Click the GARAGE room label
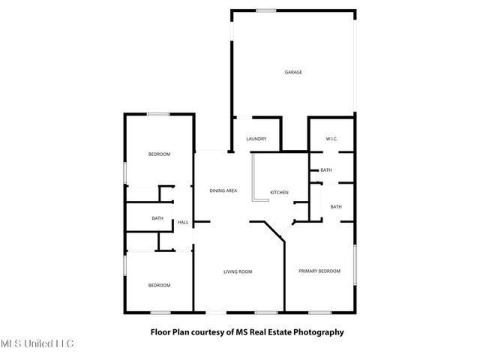point(293,72)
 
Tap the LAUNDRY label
point(256,139)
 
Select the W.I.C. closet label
point(332,139)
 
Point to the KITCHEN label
point(280,193)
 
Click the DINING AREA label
point(223,190)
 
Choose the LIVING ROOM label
point(237,271)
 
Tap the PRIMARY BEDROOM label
point(319,271)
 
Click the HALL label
point(183,223)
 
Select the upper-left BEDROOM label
point(159,154)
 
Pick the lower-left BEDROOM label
point(159,285)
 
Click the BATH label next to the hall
point(157,218)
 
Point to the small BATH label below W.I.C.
point(326,170)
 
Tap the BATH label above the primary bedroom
point(336,206)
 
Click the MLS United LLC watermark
point(37,344)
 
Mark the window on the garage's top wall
point(266,10)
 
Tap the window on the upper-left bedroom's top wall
point(157,114)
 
